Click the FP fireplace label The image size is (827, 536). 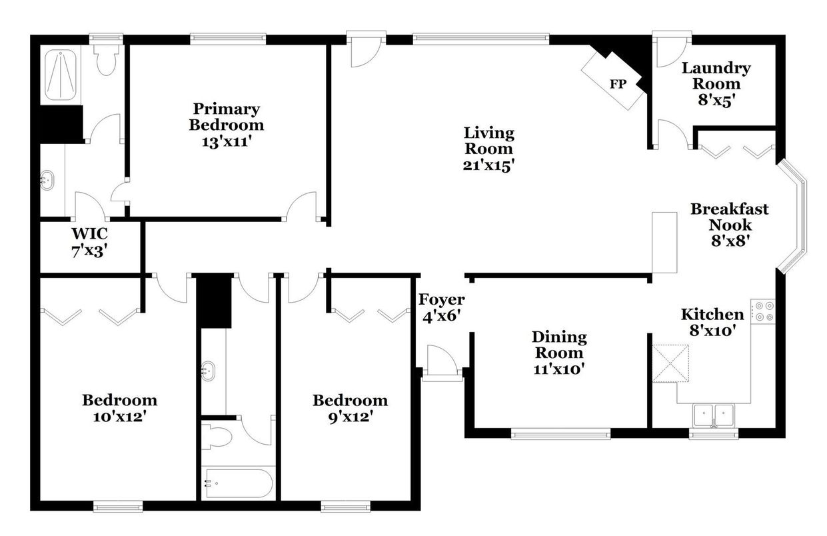pos(617,84)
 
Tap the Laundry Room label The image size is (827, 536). pos(716,76)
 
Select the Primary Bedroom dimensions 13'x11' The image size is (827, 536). pos(226,141)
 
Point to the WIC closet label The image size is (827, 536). pos(90,235)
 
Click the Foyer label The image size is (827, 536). pos(441,300)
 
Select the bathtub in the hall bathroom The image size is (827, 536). pos(239,483)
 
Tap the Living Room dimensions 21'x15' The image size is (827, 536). pos(488,166)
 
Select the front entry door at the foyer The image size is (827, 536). pos(441,363)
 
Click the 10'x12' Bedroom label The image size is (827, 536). pos(120,401)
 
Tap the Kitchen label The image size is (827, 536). pos(712,315)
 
